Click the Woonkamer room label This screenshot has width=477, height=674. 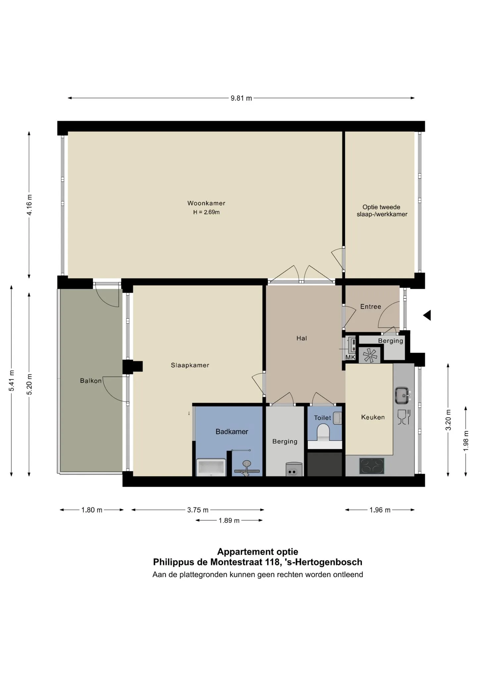pos(206,203)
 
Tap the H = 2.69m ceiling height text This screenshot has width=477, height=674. pos(206,212)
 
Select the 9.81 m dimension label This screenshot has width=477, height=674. pos(241,98)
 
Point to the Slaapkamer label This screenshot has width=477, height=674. pos(190,365)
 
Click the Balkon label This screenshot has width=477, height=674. pos(91,381)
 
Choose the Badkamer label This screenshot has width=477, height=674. pos(232,432)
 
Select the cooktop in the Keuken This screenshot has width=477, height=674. pos(372,466)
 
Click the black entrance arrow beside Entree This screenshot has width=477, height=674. pos(427,315)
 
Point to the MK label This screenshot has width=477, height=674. pos(350,358)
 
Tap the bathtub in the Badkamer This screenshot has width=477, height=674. pos(211,467)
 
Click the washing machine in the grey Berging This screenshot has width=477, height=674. pos(294,469)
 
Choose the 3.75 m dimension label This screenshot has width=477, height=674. pos(198,510)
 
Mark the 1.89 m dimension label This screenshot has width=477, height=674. pos(229,521)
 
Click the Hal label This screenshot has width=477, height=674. pos(301,338)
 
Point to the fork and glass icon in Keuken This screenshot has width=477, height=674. pos(404,417)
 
